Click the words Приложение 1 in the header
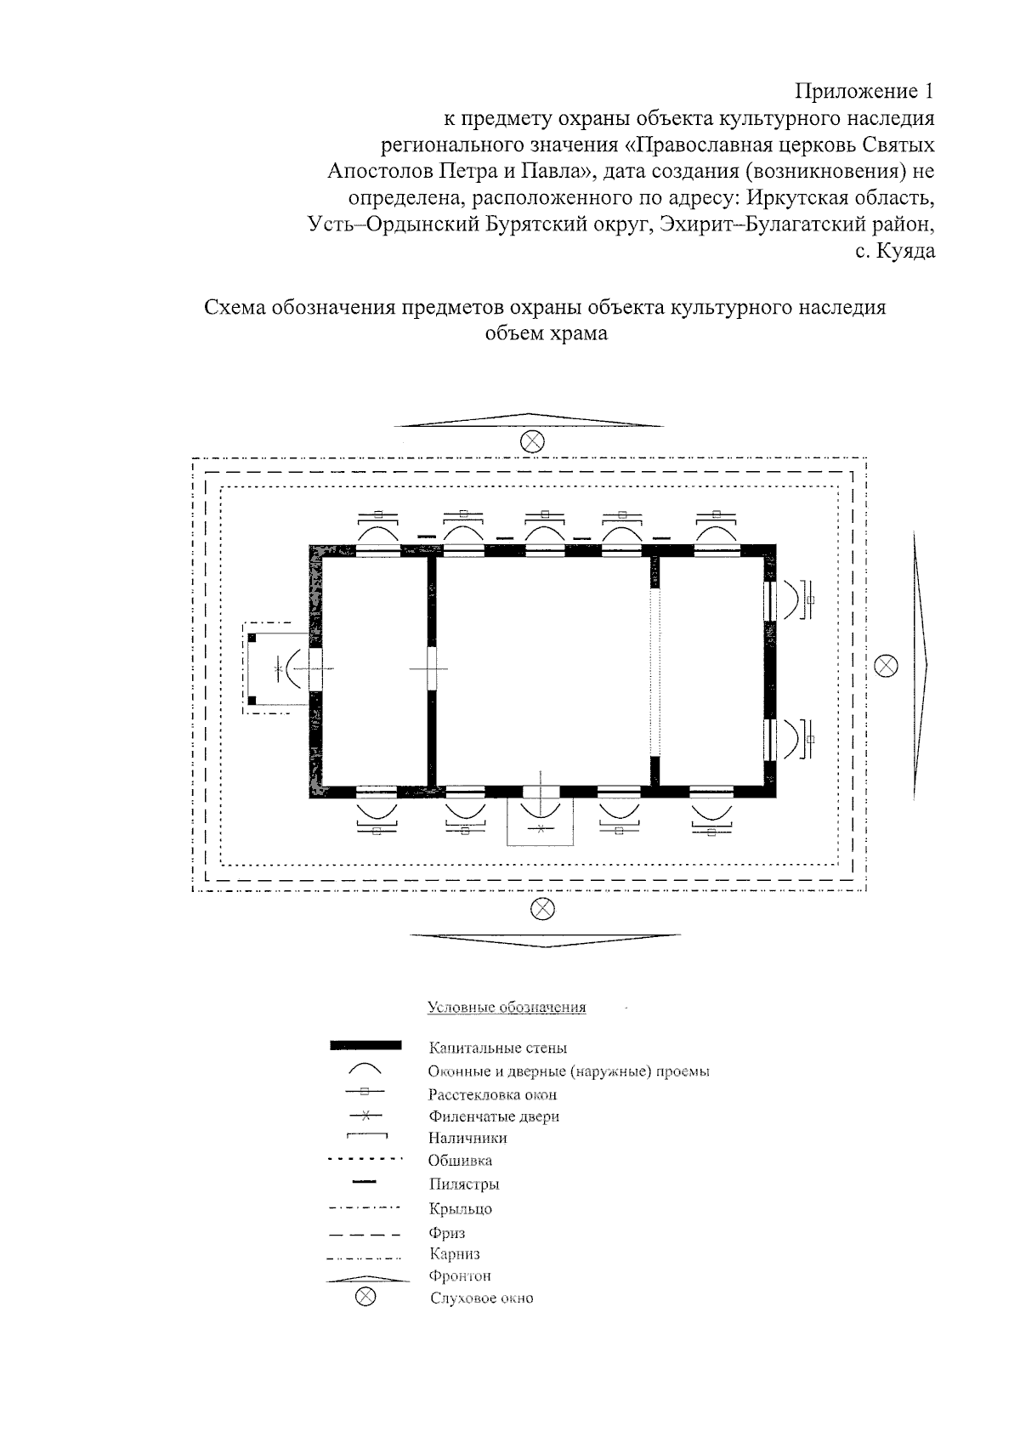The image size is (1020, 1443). tap(864, 91)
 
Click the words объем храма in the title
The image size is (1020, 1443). tap(546, 333)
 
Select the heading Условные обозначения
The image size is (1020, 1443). tap(507, 1008)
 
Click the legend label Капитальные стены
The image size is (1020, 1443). tap(497, 1048)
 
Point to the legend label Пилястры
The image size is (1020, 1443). tap(464, 1184)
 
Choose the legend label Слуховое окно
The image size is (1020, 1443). tap(482, 1298)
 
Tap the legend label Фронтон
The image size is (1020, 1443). tap(461, 1275)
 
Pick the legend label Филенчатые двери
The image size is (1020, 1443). tap(494, 1116)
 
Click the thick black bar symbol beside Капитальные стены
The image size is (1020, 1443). tap(365, 1045)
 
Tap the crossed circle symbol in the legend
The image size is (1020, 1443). tap(365, 1297)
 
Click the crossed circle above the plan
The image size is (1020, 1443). tap(532, 441)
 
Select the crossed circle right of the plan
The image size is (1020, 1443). tap(886, 665)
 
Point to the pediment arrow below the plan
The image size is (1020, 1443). tap(545, 938)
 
